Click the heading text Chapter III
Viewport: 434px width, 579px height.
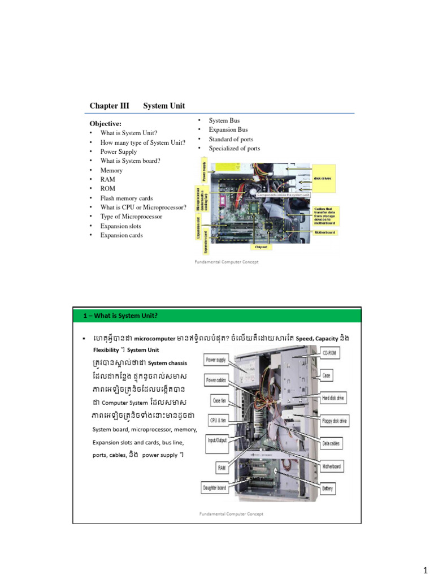(x=110, y=106)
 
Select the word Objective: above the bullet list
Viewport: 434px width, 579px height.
(x=106, y=123)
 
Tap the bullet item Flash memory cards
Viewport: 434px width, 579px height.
(x=127, y=198)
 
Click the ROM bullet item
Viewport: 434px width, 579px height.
(x=107, y=189)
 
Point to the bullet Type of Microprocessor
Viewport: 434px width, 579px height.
(x=131, y=217)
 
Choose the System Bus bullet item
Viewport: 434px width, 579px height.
(x=224, y=120)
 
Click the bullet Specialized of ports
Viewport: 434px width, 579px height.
(x=235, y=148)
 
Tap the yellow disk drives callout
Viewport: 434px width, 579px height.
(x=322, y=178)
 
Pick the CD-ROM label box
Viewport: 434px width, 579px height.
(x=330, y=353)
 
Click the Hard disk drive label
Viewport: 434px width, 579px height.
(x=333, y=398)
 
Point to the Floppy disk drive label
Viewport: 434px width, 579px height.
(x=335, y=421)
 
